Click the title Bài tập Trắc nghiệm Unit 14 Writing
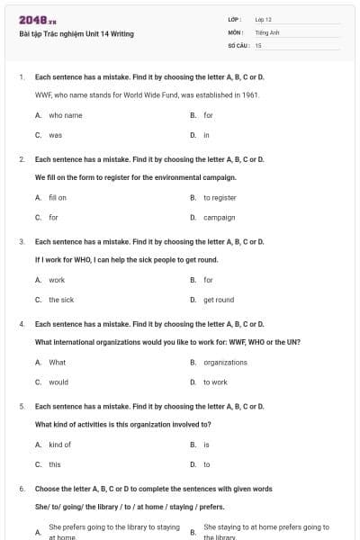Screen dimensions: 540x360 [x=76, y=34]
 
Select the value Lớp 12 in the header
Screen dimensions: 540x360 [x=263, y=19]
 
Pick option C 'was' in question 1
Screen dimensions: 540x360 [x=55, y=135]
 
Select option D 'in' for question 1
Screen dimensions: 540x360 [x=206, y=135]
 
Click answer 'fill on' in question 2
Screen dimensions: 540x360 [x=58, y=197]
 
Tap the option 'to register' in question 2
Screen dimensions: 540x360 [x=220, y=197]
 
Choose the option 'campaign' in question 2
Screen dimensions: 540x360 [x=219, y=217]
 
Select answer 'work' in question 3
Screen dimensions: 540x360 [x=57, y=280]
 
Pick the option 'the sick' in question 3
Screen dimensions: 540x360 [x=61, y=300]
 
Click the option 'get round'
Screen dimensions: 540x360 [x=219, y=300]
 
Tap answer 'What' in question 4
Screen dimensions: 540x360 [x=57, y=362]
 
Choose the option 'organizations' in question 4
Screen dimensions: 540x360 [x=225, y=362]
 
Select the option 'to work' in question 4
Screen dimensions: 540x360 [x=215, y=382]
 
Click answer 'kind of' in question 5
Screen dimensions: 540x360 [x=59, y=445]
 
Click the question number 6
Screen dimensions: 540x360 [x=21, y=489]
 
